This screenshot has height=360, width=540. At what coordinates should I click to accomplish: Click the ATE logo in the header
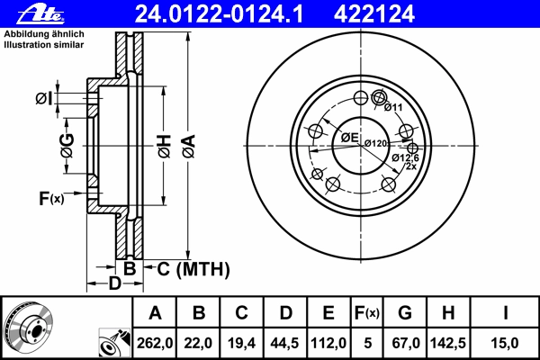pos(41,14)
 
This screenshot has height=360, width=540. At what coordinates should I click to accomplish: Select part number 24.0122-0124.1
pos(219,14)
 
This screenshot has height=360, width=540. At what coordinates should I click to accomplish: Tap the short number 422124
pos(374,14)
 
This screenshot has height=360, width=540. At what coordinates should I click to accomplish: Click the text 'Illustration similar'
pos(44,45)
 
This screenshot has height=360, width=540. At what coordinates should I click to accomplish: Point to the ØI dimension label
pos(44,99)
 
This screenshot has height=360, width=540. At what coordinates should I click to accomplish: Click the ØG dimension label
pos(67,146)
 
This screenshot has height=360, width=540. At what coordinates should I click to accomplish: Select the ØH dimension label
pos(165,147)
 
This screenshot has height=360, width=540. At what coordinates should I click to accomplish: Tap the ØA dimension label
pos(189,147)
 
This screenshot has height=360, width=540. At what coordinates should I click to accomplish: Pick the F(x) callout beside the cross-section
pos(51,198)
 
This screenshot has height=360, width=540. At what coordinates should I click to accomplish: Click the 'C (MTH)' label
pos(193,269)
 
